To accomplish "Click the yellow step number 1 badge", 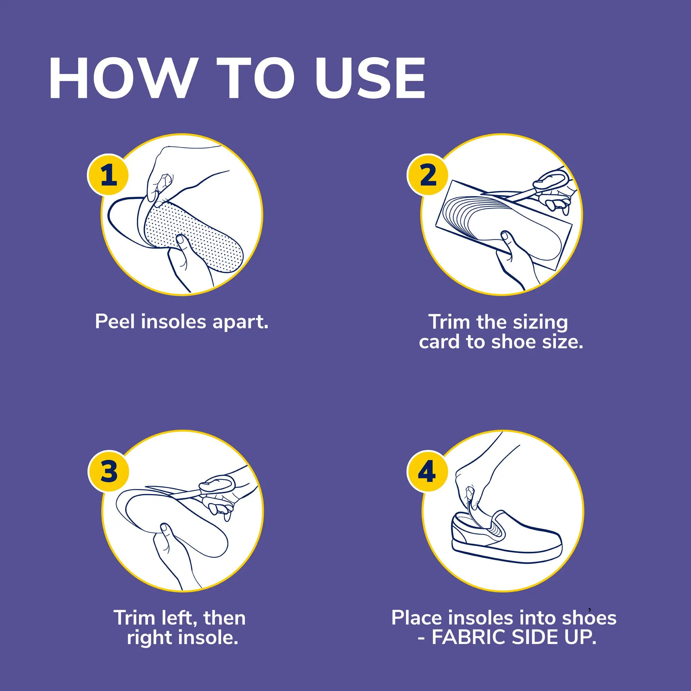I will [108, 175].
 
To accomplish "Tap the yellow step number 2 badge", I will [428, 175].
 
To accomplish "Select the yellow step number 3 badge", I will [108, 471].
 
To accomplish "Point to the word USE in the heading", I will [370, 79].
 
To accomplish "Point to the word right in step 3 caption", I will [145, 638].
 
